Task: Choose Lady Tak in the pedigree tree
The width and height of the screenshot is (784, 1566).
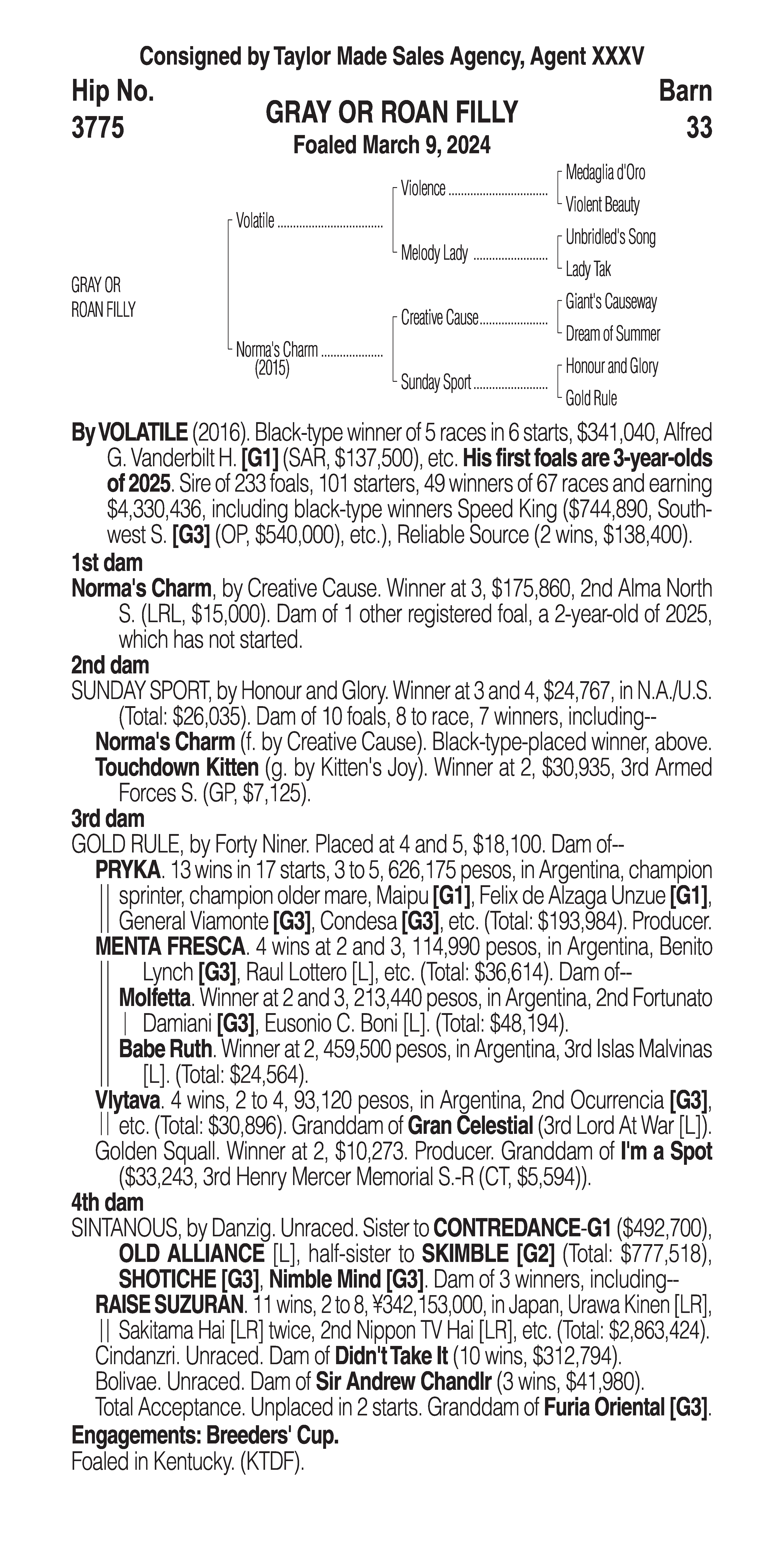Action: (x=588, y=269)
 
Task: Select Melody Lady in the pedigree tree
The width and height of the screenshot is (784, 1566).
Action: (x=434, y=253)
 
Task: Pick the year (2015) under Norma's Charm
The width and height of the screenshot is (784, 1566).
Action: (x=272, y=368)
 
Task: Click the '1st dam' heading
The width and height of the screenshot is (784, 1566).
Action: (x=107, y=563)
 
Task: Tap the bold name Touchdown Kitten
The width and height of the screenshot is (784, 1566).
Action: (x=177, y=768)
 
